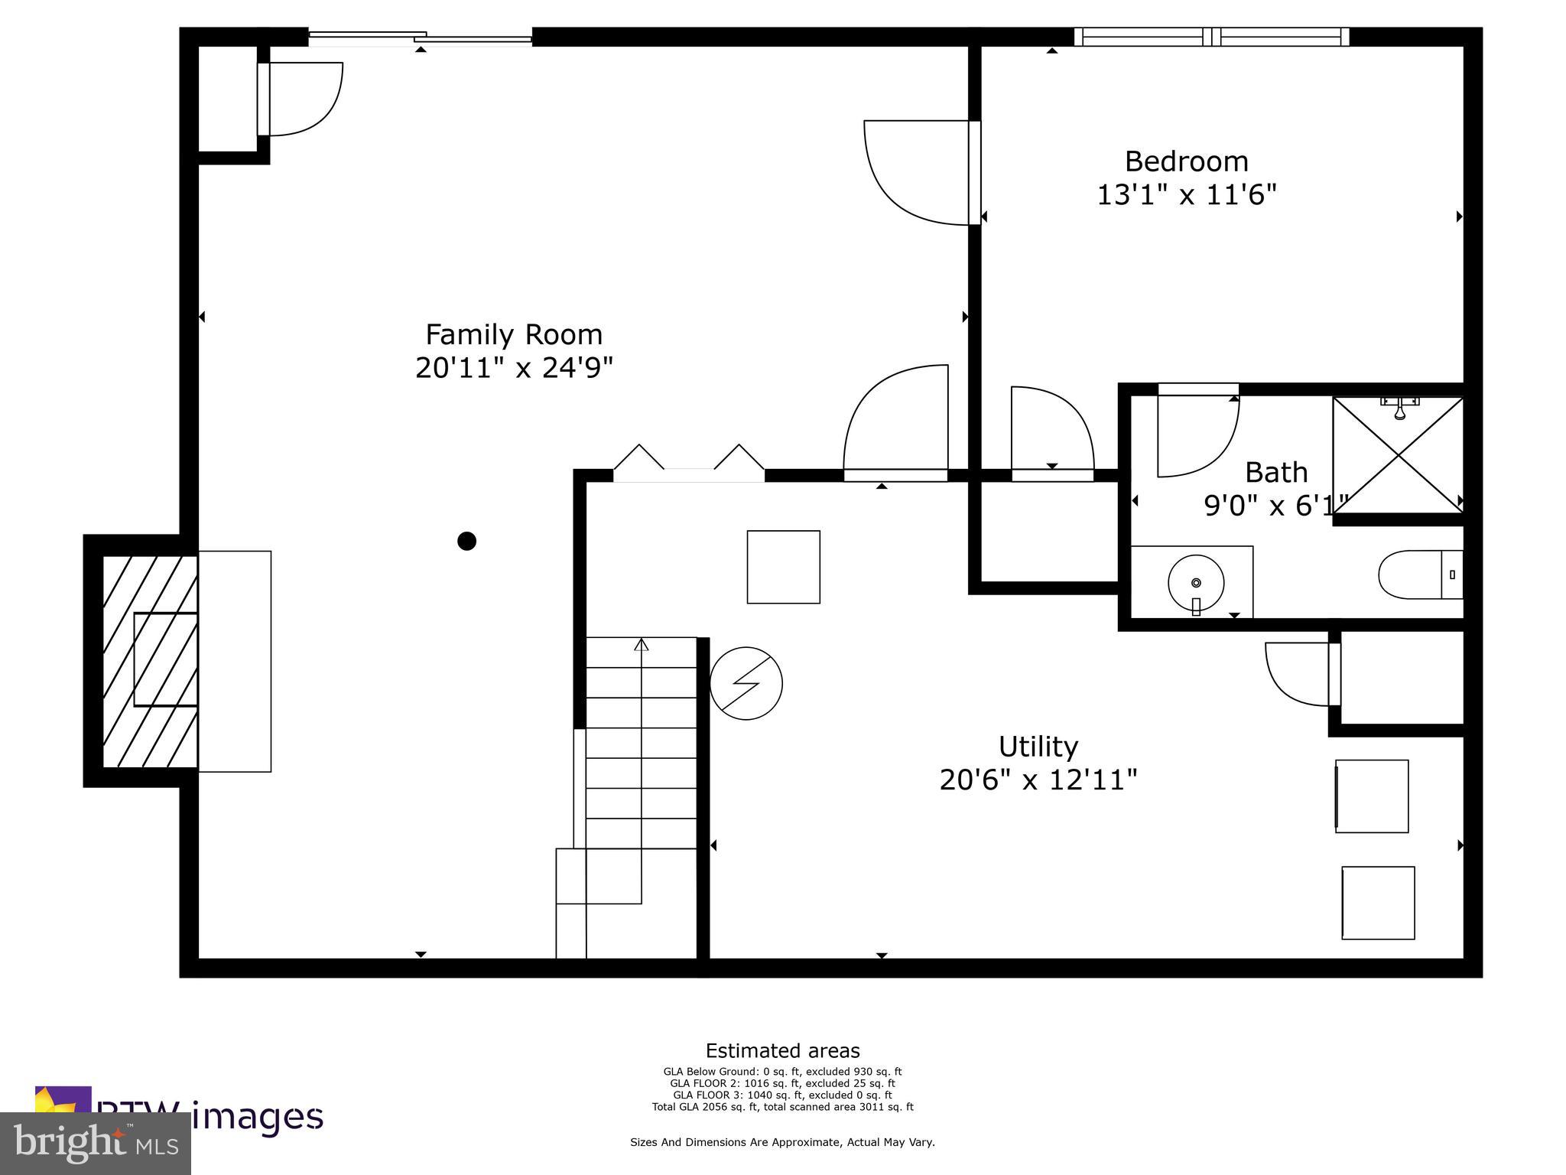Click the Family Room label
coord(514,335)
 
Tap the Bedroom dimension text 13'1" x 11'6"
coord(1187,195)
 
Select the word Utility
coord(1038,747)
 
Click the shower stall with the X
coord(1398,456)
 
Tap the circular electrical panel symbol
coord(746,683)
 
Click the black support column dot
coord(466,541)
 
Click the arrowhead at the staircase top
coord(641,645)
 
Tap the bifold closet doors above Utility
coord(688,463)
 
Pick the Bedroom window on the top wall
coord(1211,37)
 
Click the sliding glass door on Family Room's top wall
coord(420,37)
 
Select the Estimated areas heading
coord(782,1050)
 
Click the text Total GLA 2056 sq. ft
coord(782,1107)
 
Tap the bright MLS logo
coord(96,1143)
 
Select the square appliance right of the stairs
coord(783,567)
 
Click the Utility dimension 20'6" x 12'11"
coord(1038,780)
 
